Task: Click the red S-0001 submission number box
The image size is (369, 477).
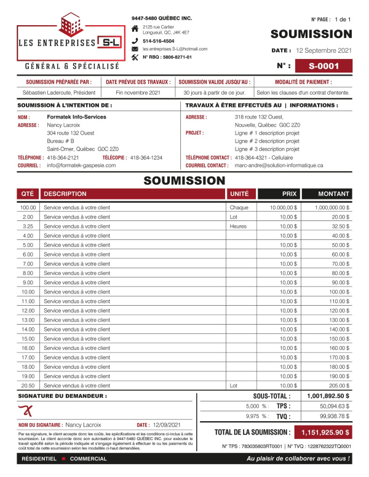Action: [323, 65]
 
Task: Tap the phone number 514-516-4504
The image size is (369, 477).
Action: [158, 41]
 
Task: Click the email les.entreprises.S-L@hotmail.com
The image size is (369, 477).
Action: [175, 48]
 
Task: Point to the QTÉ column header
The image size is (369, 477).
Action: [27, 193]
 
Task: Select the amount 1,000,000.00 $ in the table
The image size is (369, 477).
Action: [331, 207]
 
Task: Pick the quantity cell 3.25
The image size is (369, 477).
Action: [27, 226]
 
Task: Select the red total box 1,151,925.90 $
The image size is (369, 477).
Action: [323, 432]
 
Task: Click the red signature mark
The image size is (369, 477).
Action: [25, 410]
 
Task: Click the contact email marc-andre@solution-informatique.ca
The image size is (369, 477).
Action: [279, 166]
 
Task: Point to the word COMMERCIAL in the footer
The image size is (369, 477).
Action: [88, 459]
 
